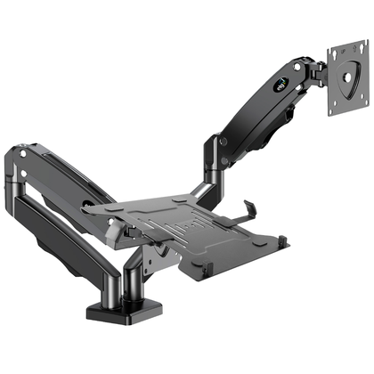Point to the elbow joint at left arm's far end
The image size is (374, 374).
coord(20,165)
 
